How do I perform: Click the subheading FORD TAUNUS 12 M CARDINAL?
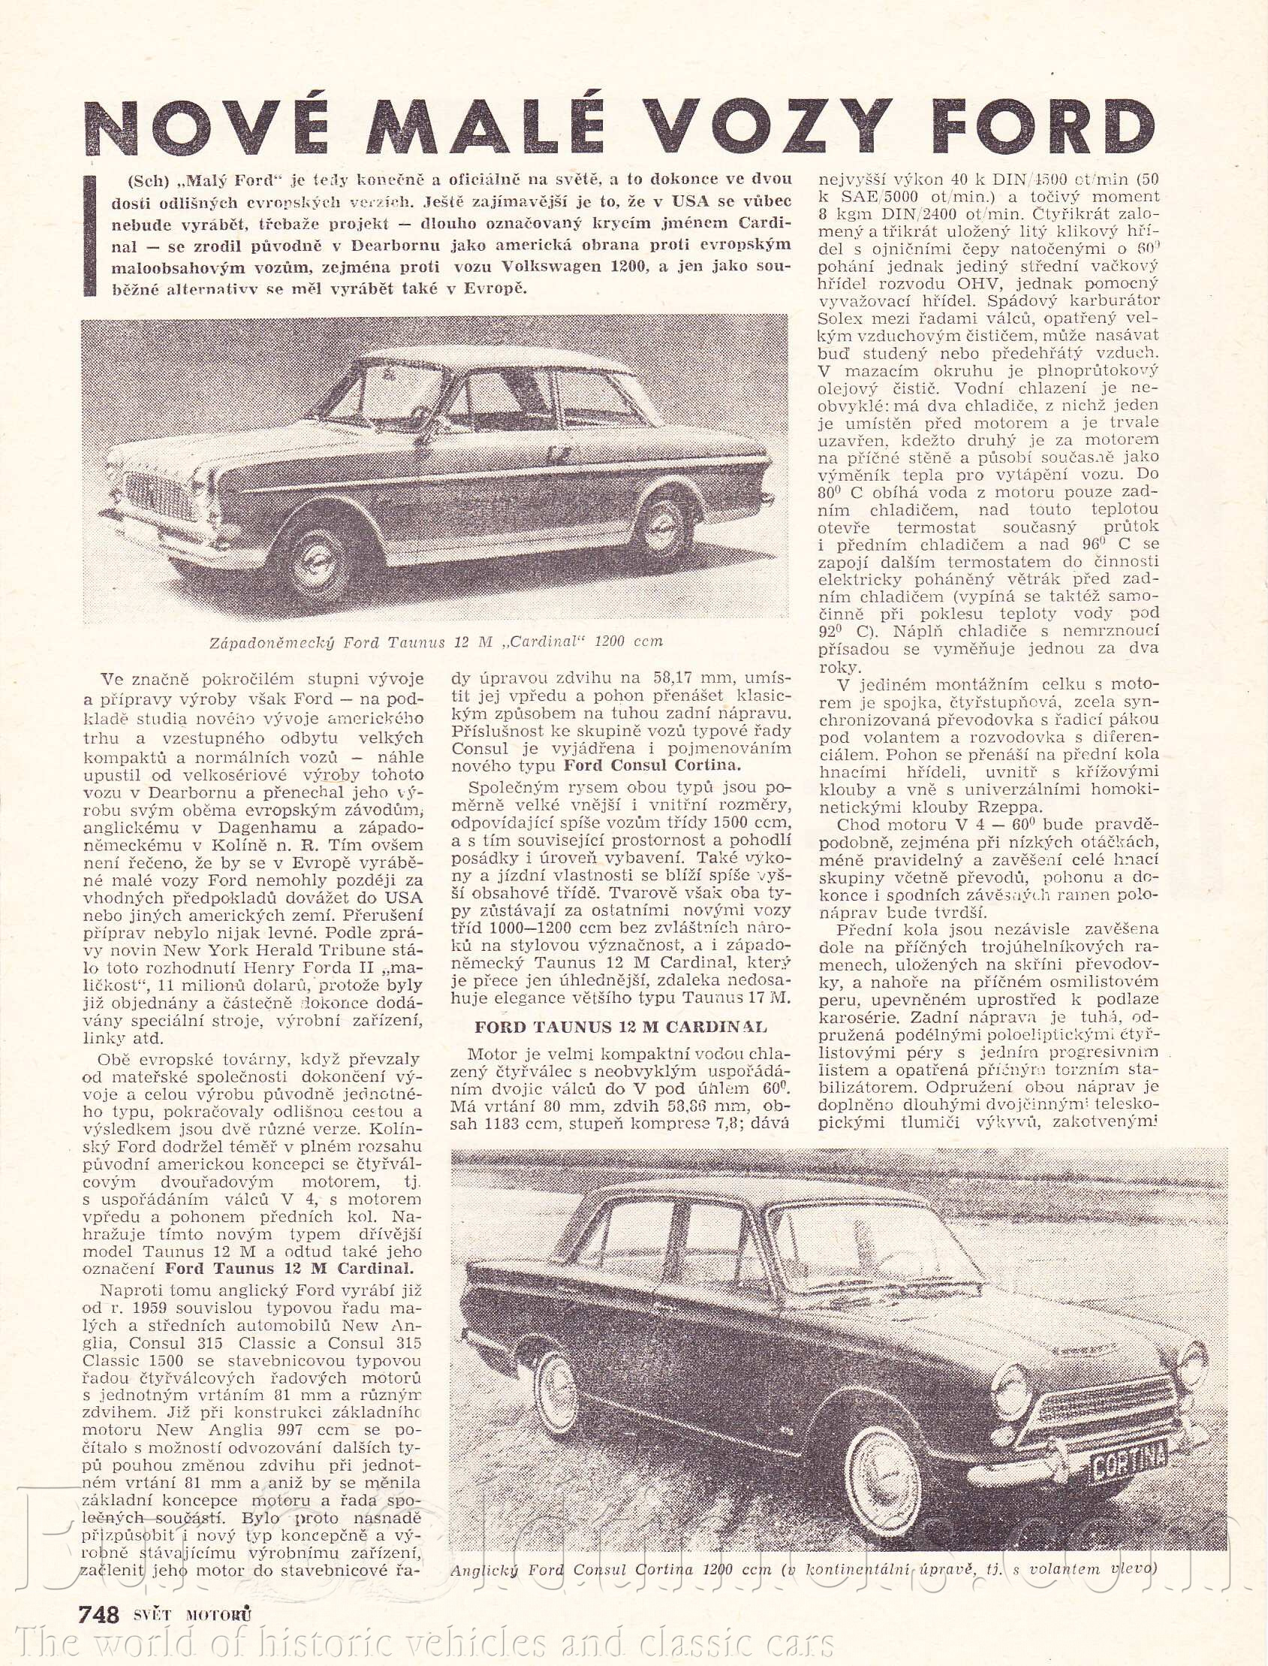(620, 1026)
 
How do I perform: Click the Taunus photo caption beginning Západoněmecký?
(435, 642)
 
